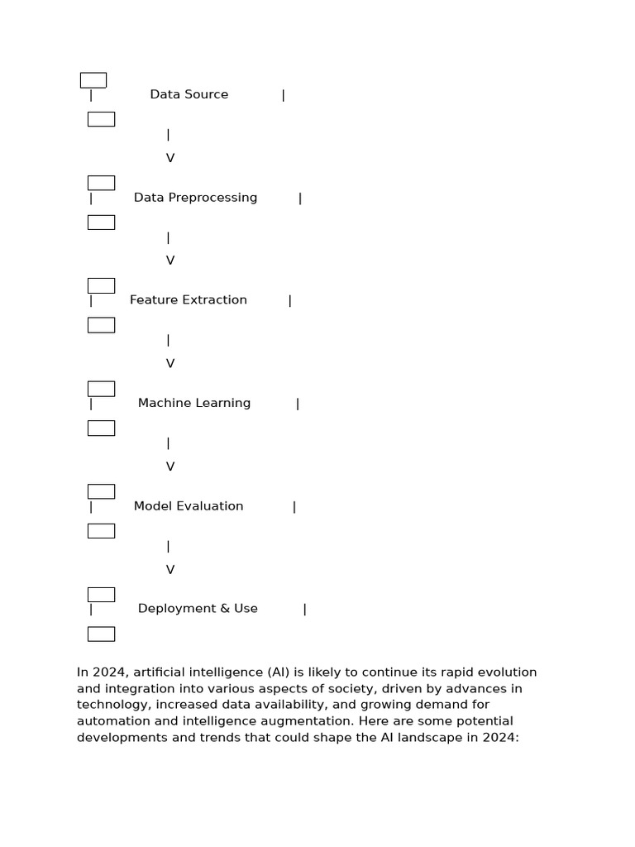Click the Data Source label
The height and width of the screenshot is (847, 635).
point(189,94)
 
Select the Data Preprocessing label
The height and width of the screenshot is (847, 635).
point(195,198)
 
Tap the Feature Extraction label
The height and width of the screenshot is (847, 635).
point(189,300)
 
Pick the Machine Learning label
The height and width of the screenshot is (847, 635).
point(194,404)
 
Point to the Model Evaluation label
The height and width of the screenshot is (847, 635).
point(189,506)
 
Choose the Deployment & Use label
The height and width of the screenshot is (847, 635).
point(198,609)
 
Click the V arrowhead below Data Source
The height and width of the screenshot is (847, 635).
point(170,158)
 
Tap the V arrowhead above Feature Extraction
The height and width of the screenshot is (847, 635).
point(170,261)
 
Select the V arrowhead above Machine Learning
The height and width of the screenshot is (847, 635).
point(170,364)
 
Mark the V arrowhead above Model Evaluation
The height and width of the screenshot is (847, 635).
point(170,467)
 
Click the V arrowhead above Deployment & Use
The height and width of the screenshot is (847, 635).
point(170,570)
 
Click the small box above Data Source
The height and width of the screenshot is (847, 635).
point(93,80)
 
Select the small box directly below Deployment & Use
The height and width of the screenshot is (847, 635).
point(101,634)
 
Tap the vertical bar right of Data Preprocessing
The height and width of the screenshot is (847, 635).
point(300,199)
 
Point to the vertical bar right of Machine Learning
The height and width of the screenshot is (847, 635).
point(298,404)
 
